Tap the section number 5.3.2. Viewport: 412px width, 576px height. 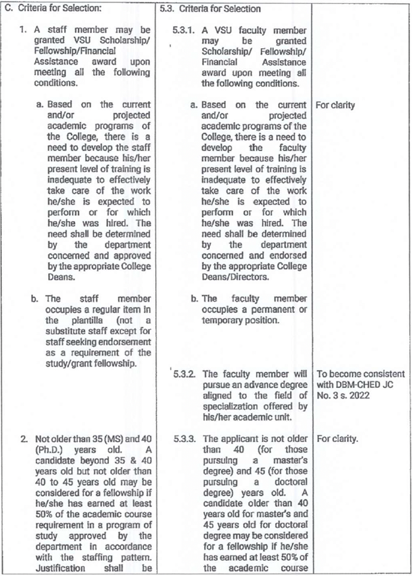[182, 373]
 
